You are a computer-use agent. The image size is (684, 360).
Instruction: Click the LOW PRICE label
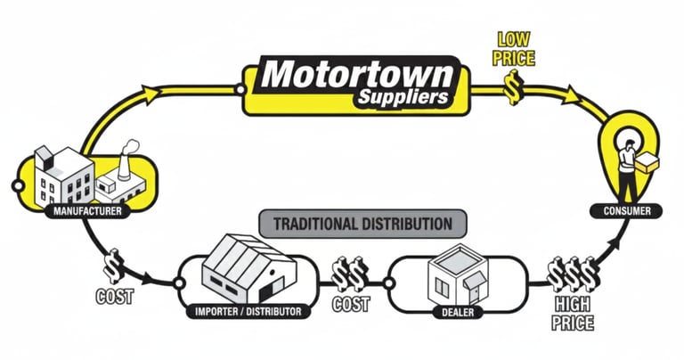[x=516, y=50]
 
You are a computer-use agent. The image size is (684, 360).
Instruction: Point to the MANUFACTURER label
[x=87, y=211]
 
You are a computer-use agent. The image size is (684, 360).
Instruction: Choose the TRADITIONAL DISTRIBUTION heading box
[x=355, y=222]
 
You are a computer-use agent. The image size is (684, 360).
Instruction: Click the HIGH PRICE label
[x=573, y=313]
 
